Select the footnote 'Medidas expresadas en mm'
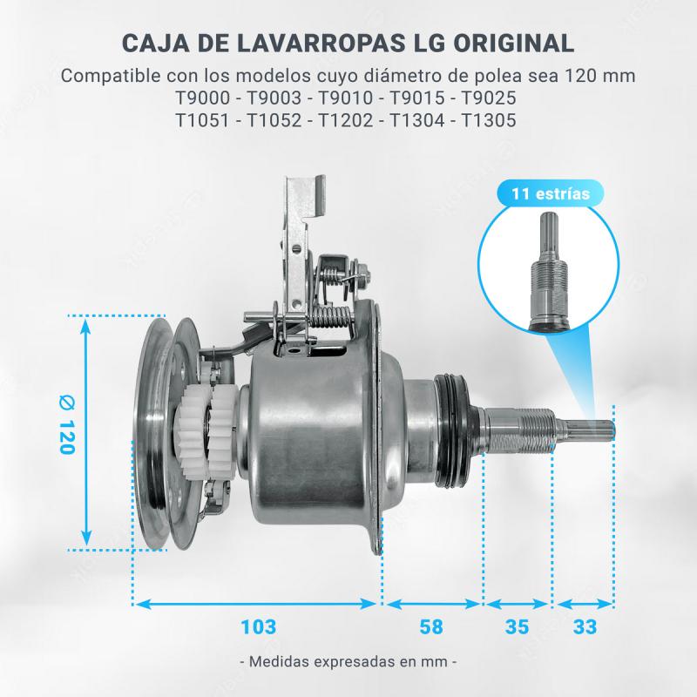(348, 661)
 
